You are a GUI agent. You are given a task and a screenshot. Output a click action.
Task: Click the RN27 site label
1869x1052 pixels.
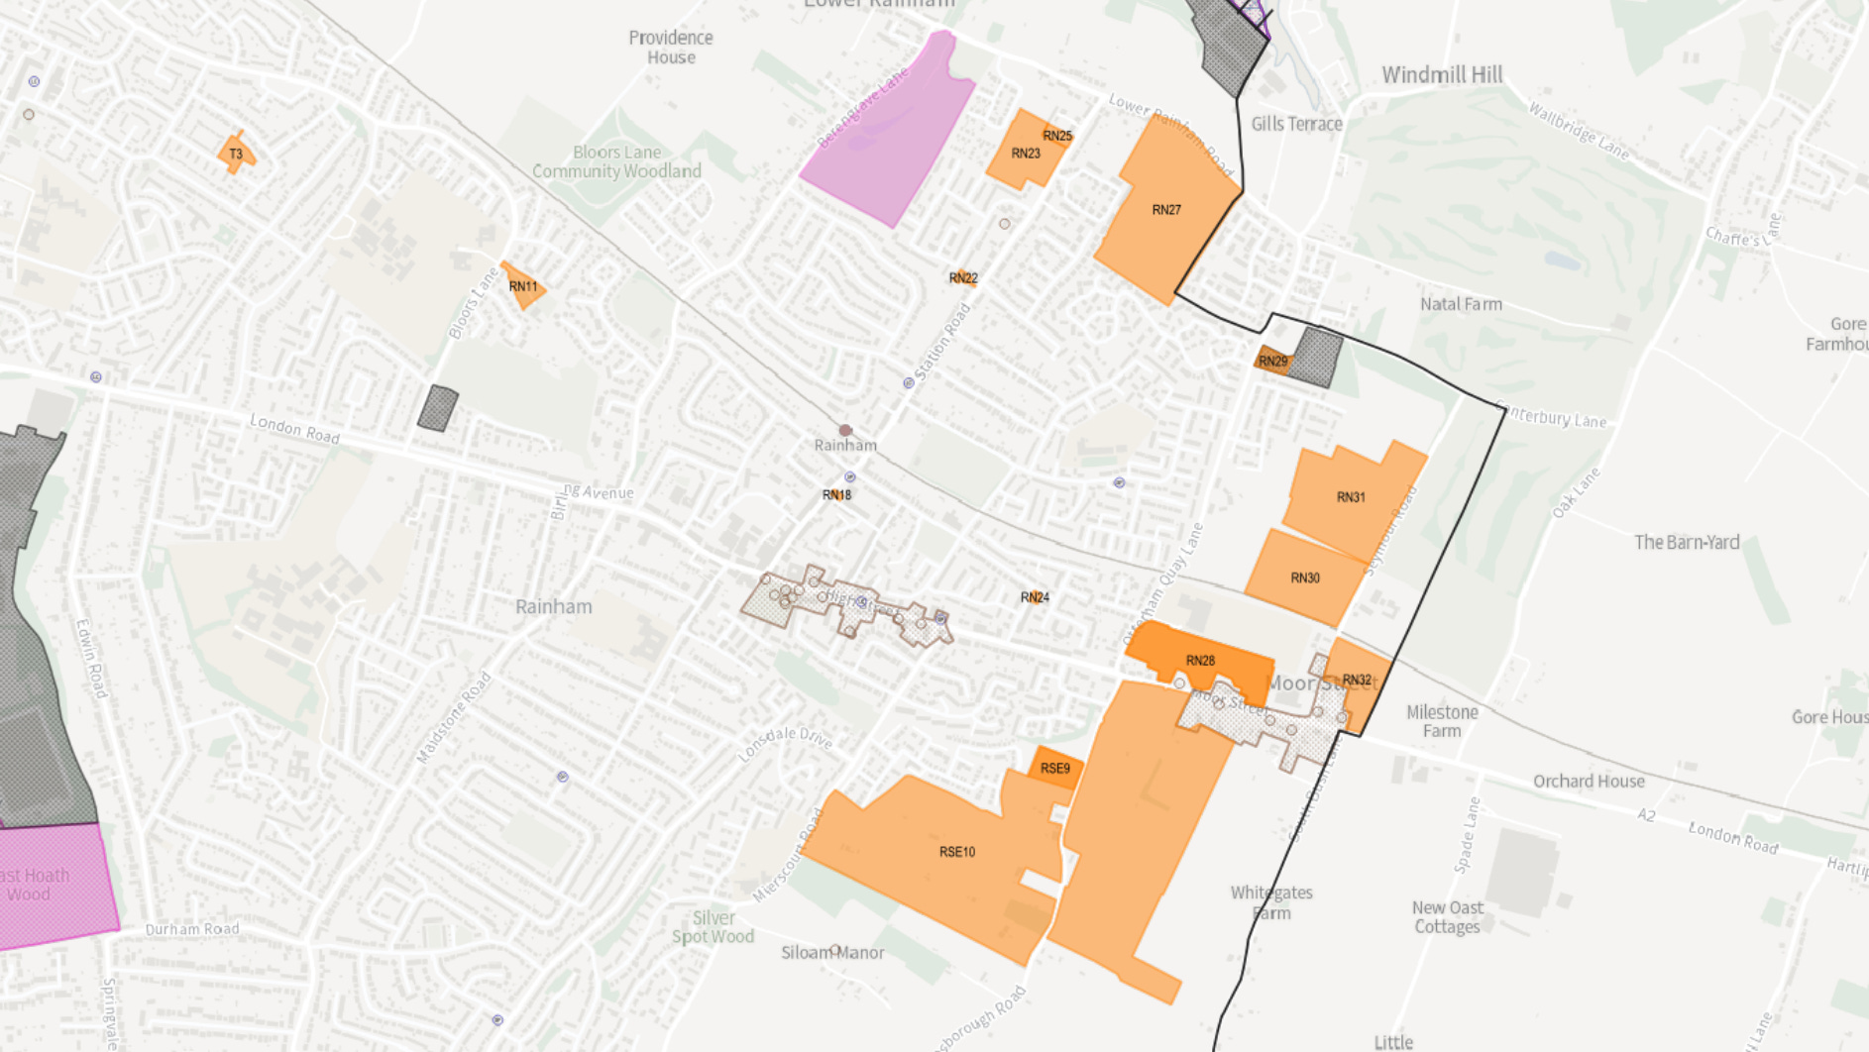1166,210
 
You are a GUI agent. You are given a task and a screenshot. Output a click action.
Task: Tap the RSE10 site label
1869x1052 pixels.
957,852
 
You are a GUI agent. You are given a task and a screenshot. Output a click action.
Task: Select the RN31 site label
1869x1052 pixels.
1351,497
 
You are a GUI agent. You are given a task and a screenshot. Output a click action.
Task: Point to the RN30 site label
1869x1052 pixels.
1305,579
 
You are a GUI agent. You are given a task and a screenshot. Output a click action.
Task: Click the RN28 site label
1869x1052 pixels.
1200,661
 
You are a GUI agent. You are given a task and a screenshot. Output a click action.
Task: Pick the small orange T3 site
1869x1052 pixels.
236,154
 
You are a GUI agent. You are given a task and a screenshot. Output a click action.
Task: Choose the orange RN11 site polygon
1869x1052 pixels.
523,286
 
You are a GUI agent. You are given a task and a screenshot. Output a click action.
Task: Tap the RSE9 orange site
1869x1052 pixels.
1054,769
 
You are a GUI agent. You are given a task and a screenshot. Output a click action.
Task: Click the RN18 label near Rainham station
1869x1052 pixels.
836,495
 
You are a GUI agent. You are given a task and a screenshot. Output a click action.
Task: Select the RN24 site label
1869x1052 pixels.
1035,597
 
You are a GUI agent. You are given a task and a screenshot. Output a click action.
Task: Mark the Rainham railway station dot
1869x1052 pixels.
845,430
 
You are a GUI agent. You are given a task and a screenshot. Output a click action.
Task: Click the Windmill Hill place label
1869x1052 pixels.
1442,75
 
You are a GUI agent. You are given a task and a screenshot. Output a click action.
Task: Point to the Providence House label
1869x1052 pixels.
671,48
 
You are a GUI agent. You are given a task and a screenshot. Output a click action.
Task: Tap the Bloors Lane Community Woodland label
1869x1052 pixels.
616,161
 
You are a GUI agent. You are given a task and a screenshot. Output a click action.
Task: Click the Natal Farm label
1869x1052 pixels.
1461,304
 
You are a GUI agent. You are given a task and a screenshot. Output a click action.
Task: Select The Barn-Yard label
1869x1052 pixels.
1687,542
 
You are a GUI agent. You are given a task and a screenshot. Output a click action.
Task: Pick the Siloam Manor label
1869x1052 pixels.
832,953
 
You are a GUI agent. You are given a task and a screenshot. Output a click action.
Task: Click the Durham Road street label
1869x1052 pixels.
192,929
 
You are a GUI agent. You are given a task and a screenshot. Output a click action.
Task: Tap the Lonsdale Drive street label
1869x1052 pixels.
786,742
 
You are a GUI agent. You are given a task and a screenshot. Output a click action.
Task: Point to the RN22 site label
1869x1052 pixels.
963,278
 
